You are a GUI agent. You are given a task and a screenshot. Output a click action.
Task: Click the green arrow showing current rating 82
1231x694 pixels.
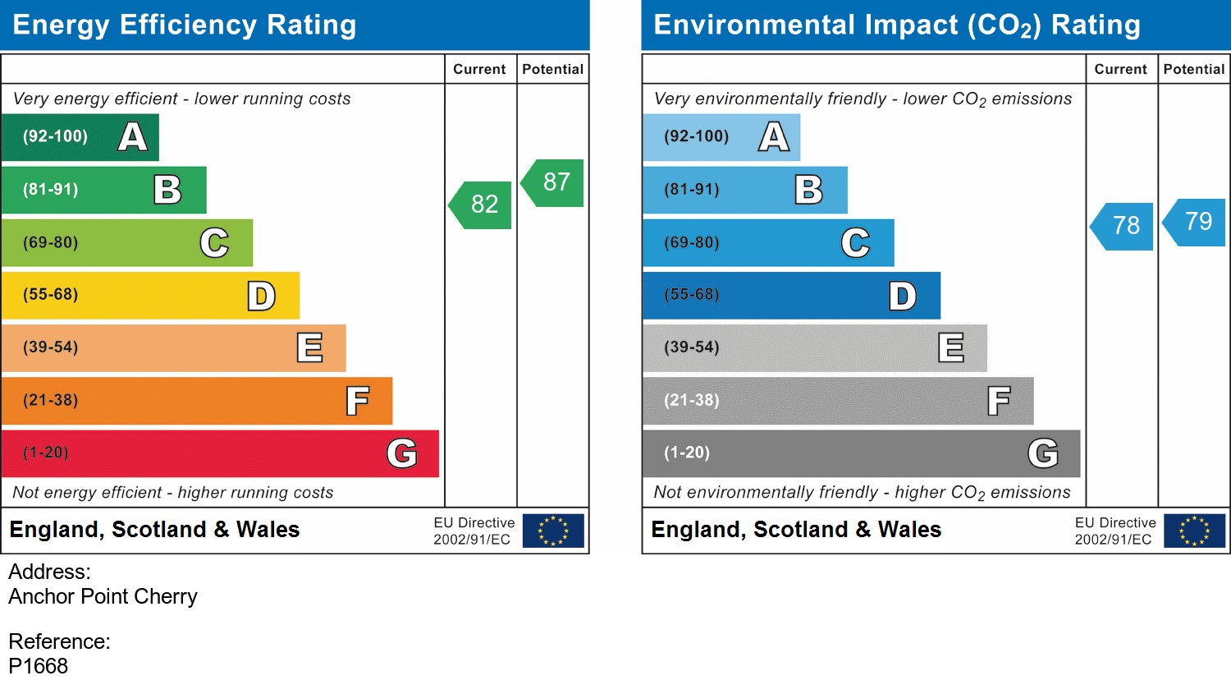pos(482,205)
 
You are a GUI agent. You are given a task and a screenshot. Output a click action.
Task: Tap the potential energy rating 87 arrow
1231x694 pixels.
pos(554,182)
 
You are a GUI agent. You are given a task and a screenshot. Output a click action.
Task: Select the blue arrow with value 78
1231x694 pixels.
pos(1123,226)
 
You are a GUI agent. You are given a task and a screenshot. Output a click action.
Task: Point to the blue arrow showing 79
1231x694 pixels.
pos(1196,222)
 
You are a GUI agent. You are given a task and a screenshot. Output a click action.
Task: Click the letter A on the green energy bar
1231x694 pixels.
pos(132,137)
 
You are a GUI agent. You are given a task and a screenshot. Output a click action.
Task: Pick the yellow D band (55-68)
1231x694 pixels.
pos(150,296)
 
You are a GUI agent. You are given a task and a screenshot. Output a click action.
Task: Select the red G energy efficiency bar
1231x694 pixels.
pos(220,453)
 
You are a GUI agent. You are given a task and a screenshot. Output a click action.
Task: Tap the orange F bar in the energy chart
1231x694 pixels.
pos(197,401)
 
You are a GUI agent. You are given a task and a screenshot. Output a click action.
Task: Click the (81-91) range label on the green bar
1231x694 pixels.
pos(51,190)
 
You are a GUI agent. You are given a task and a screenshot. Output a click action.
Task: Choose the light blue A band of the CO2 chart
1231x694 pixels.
pos(721,137)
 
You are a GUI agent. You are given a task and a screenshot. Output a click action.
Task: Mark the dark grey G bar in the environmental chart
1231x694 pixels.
pos(861,453)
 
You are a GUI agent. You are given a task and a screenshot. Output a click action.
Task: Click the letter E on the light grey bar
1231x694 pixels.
pos(950,348)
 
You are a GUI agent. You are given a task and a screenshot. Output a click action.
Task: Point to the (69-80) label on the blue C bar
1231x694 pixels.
pos(692,243)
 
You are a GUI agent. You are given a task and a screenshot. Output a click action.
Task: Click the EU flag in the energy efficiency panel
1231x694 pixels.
pos(553,531)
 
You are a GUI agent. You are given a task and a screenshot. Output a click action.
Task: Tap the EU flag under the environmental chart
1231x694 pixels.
pos(1194,531)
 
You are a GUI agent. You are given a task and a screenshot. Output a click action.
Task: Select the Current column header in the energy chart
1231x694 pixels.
pos(479,70)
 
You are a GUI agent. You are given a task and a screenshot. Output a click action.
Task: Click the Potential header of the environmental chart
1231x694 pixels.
pos(1193,70)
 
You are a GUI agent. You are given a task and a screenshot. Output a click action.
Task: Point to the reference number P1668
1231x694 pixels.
pos(39,666)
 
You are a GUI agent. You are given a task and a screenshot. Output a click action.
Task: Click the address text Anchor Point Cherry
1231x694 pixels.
pos(103,596)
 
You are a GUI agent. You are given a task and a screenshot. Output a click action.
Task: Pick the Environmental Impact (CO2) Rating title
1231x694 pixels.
pos(897,25)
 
